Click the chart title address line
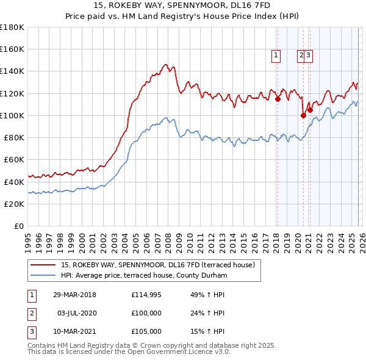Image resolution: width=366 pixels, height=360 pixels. coord(182,6)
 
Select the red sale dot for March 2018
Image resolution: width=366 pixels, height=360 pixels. coord(278,99)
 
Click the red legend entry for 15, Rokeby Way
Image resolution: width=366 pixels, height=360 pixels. coord(162,265)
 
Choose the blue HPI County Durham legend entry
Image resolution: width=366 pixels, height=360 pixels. coord(144,276)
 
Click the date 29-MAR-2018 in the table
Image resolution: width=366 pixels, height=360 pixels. coord(74,295)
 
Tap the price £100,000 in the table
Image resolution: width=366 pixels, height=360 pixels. coord(146,313)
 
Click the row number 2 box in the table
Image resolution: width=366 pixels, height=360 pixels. coord(31,313)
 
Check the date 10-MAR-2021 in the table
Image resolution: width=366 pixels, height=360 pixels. coord(74,331)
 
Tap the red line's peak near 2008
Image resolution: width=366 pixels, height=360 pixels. coord(165,63)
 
